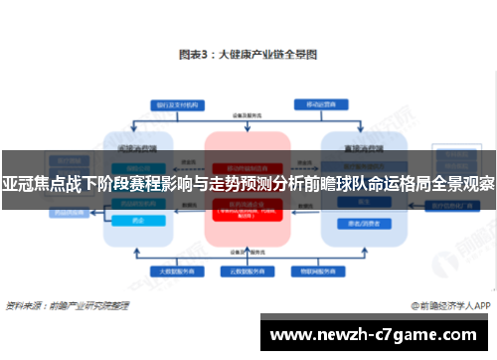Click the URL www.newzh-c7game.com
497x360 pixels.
pyautogui.click(x=375, y=335)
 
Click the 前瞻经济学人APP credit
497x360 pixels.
pyautogui.click(x=453, y=304)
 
